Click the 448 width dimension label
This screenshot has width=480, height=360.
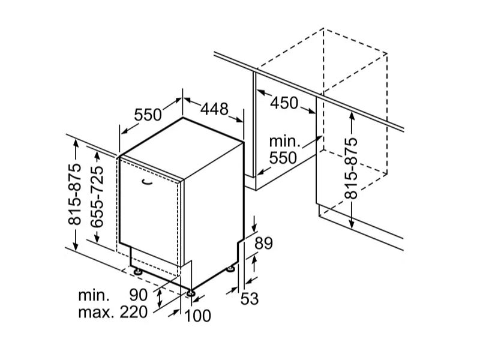click(x=215, y=109)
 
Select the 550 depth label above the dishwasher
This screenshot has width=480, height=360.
click(x=148, y=113)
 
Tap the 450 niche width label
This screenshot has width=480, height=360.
click(x=284, y=103)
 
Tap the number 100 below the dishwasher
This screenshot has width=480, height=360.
click(x=196, y=314)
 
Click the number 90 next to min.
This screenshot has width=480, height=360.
click(x=139, y=295)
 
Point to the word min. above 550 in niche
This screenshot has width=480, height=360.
click(x=284, y=142)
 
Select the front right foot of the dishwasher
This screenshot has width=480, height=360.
click(x=191, y=293)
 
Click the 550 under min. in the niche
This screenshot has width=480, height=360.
click(x=283, y=158)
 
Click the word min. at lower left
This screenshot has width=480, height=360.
click(x=94, y=295)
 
